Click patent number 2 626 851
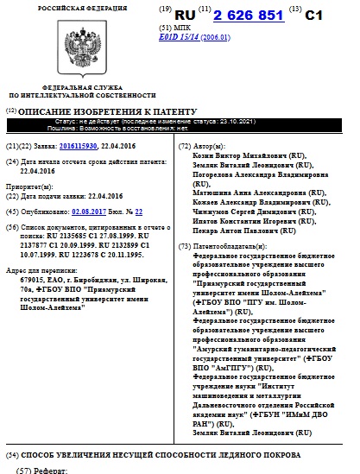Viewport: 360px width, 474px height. click(x=256, y=16)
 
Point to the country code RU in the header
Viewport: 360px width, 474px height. click(x=186, y=16)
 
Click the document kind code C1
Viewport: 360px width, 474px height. click(x=317, y=16)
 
